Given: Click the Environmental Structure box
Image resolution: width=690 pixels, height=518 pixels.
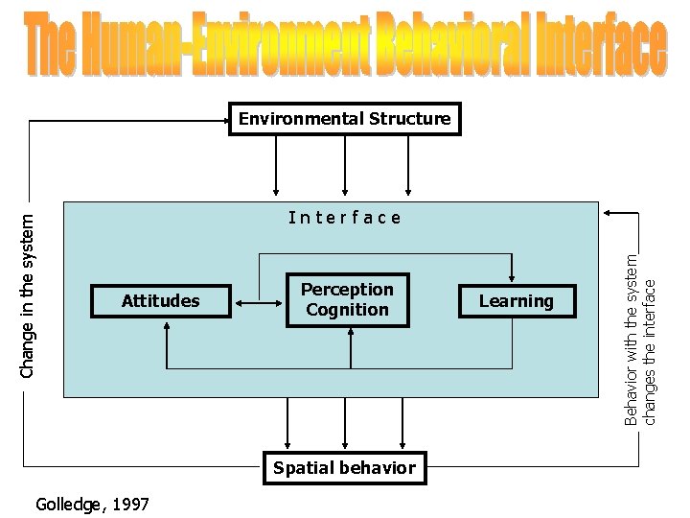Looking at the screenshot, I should (x=344, y=119).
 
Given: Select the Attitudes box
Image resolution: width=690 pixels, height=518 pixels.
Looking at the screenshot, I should (x=161, y=301).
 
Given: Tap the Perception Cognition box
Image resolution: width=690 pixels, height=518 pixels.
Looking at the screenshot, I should (x=347, y=299).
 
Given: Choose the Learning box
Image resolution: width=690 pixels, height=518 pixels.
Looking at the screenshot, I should (x=517, y=301).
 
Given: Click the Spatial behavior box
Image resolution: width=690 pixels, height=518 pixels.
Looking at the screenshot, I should (x=344, y=468).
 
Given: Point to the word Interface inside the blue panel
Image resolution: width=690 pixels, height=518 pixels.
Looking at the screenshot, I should (x=345, y=218).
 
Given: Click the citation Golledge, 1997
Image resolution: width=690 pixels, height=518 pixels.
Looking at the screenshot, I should (x=91, y=504).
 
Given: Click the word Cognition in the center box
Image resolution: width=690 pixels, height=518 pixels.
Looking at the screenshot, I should (x=347, y=310).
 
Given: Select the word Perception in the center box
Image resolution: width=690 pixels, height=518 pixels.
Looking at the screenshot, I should (x=347, y=290).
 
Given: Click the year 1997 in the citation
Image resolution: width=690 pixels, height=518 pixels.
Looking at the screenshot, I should (x=131, y=504).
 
